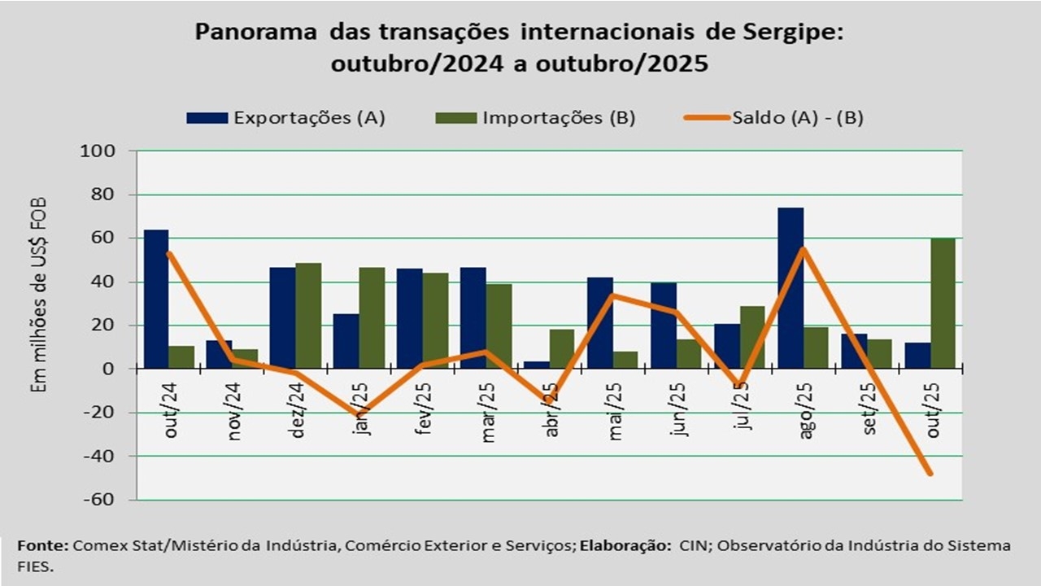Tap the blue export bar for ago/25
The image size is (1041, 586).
tap(791, 288)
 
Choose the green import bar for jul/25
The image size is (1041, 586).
tap(753, 337)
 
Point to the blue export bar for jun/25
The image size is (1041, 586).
tap(664, 326)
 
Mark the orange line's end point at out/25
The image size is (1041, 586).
tap(930, 474)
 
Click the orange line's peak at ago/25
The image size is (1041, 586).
tap(803, 248)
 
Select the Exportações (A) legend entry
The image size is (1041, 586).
tap(285, 117)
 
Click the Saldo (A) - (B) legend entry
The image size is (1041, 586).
tap(773, 117)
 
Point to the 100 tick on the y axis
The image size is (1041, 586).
tap(98, 151)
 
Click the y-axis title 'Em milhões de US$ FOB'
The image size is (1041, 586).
tap(39, 295)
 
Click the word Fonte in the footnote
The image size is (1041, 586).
tap(42, 545)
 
